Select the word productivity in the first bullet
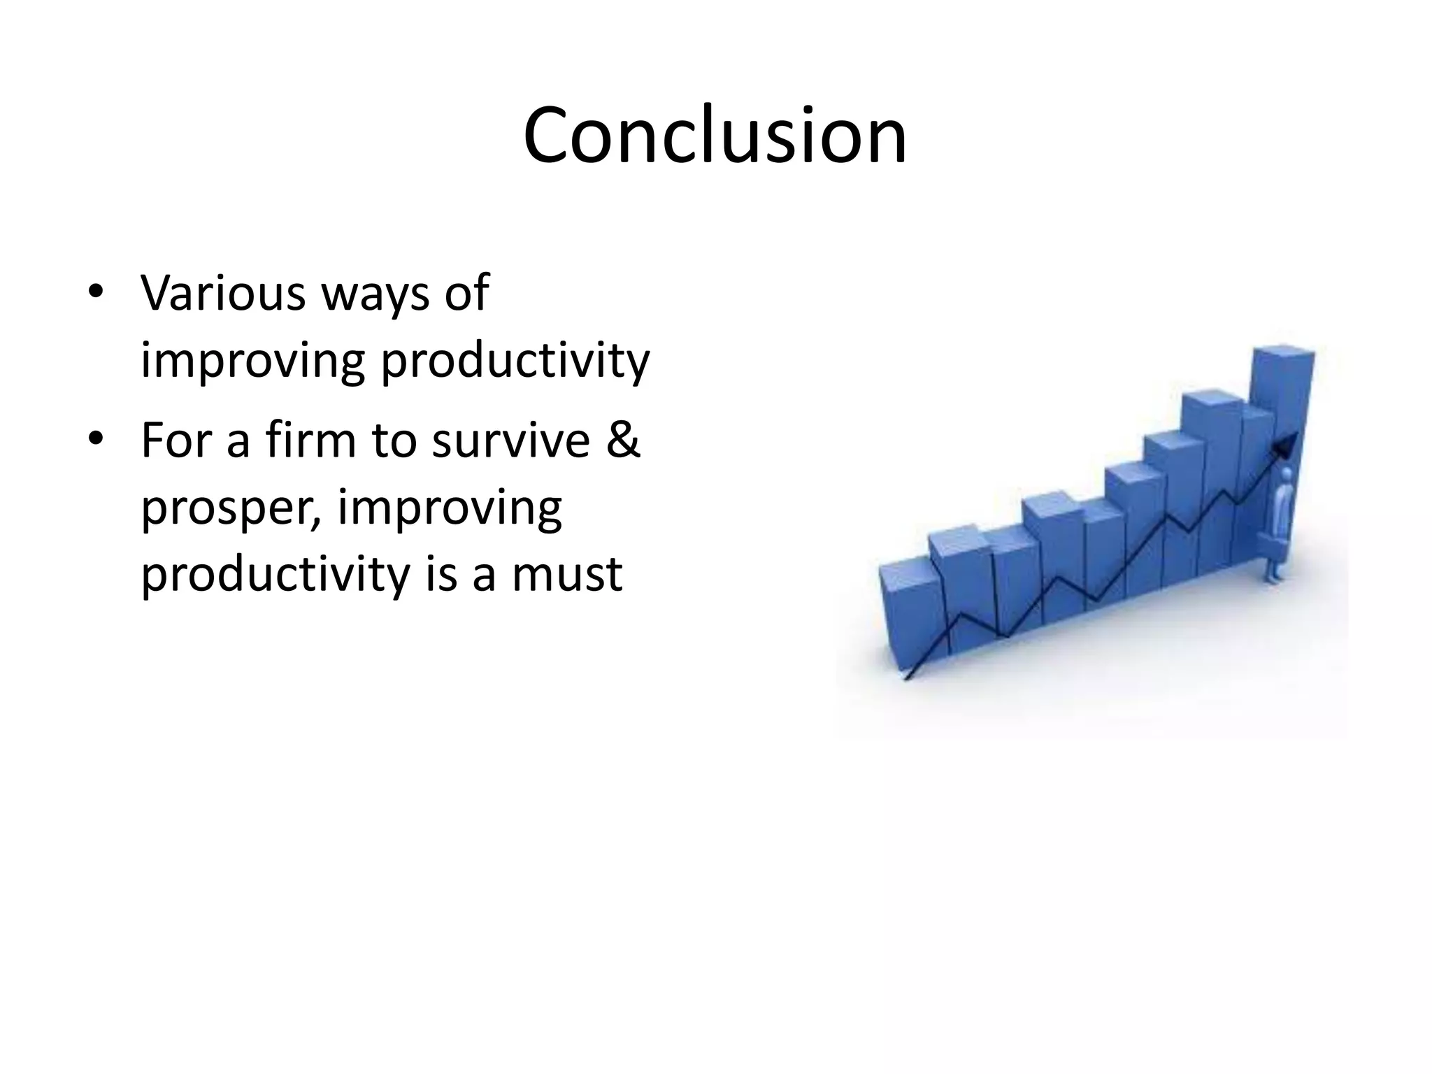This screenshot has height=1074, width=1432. pyautogui.click(x=515, y=362)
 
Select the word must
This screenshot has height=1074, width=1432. pyautogui.click(x=567, y=574)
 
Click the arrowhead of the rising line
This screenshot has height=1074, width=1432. pyautogui.click(x=1289, y=443)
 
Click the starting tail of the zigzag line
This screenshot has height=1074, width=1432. pyautogui.click(x=908, y=676)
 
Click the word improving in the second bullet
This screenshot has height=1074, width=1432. pyautogui.click(x=450, y=509)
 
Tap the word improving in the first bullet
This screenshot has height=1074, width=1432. pyautogui.click(x=252, y=362)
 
